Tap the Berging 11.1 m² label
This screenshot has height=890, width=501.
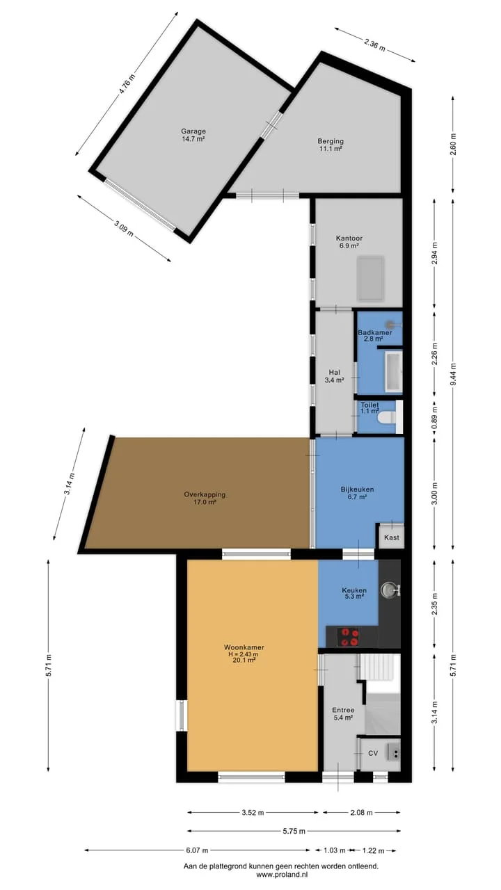point(331,145)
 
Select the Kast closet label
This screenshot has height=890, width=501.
point(392,537)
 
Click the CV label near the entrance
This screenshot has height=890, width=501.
point(372,753)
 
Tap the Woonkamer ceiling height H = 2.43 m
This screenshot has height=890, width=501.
point(244,654)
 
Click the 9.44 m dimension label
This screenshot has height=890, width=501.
point(454,374)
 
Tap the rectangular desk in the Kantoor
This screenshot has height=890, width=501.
point(370,279)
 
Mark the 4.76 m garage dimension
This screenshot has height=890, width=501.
point(127,84)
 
